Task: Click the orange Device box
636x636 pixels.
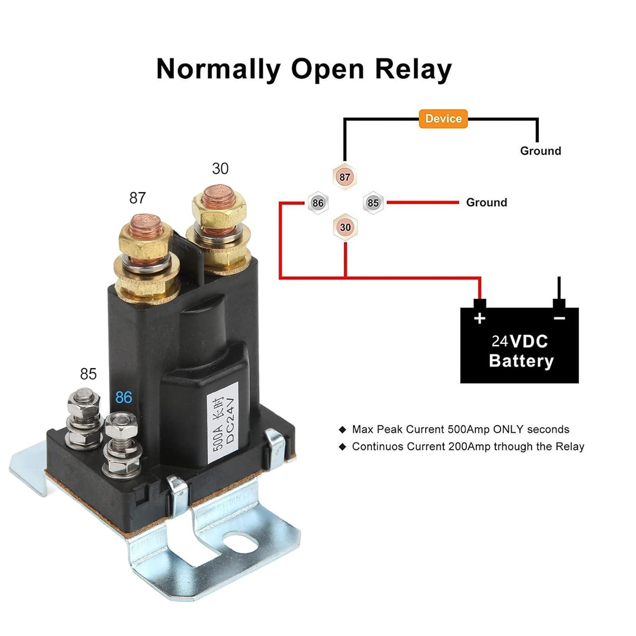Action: [443, 119]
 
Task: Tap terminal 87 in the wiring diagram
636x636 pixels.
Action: [345, 176]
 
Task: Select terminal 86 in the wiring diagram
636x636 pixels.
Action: [318, 203]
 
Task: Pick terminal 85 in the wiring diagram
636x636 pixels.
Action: [373, 203]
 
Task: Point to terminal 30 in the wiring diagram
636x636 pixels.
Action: [345, 227]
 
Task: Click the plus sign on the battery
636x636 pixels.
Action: [480, 319]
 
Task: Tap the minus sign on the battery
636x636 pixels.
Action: [559, 319]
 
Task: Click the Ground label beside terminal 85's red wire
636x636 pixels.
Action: [486, 203]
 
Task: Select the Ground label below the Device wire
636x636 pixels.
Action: [540, 151]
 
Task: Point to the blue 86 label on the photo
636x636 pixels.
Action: [124, 397]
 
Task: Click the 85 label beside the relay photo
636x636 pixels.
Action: [88, 374]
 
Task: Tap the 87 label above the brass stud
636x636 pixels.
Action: [137, 198]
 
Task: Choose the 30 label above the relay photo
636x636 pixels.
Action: [220, 169]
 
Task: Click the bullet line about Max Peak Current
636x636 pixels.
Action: [460, 429]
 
